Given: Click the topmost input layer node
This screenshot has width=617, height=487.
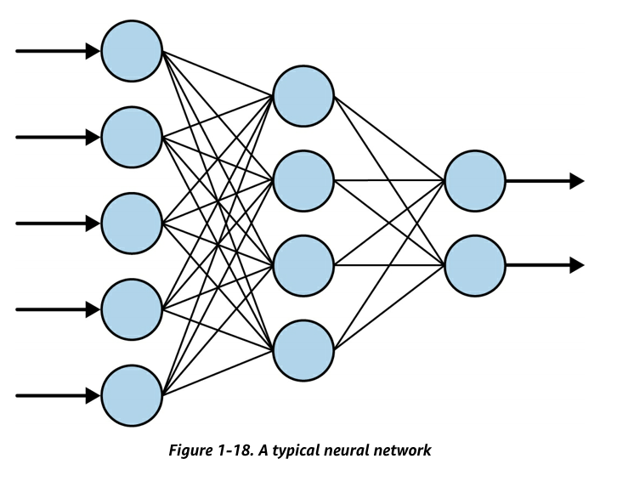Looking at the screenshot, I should click(x=132, y=51).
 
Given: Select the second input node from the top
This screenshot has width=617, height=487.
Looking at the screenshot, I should click(x=132, y=137).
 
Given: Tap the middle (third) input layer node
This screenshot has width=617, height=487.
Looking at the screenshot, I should click(x=132, y=223).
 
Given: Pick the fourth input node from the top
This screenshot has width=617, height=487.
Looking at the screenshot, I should click(x=132, y=309).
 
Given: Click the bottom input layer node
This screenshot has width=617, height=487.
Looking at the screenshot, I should click(x=132, y=395).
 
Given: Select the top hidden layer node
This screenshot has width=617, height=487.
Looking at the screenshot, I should click(x=303, y=94).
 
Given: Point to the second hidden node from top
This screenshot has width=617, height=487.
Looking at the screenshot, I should click(x=303, y=180).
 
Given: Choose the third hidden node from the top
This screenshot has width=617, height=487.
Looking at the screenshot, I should click(x=303, y=265).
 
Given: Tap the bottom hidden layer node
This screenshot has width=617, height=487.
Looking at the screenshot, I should click(x=303, y=350).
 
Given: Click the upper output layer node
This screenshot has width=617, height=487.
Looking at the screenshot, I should click(x=475, y=180).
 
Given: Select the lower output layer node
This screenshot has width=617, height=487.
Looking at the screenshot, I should click(x=475, y=265).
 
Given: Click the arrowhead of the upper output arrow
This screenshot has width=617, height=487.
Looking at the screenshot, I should click(x=577, y=180).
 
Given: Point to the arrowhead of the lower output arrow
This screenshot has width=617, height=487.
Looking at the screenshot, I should click(x=577, y=265).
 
